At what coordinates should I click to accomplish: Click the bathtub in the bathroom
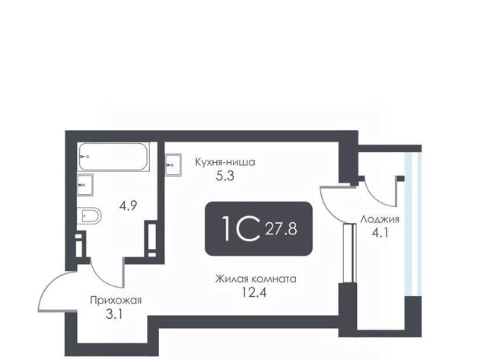113,157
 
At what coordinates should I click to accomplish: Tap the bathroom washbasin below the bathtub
85,185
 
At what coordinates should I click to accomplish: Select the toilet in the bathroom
89,215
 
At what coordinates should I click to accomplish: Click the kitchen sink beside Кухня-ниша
173,165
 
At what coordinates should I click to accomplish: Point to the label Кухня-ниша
225,162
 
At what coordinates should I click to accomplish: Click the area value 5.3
225,177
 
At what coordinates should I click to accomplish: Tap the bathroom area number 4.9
129,205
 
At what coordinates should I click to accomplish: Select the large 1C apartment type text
241,228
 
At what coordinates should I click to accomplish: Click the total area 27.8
281,230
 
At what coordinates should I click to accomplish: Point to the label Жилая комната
256,279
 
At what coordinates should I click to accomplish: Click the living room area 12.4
254,292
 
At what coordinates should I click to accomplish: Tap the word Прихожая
116,301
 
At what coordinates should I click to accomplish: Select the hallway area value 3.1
114,314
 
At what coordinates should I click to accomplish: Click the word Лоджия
380,220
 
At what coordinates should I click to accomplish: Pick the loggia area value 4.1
380,233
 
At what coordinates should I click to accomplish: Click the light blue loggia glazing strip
412,224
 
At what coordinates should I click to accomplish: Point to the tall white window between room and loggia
350,253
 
